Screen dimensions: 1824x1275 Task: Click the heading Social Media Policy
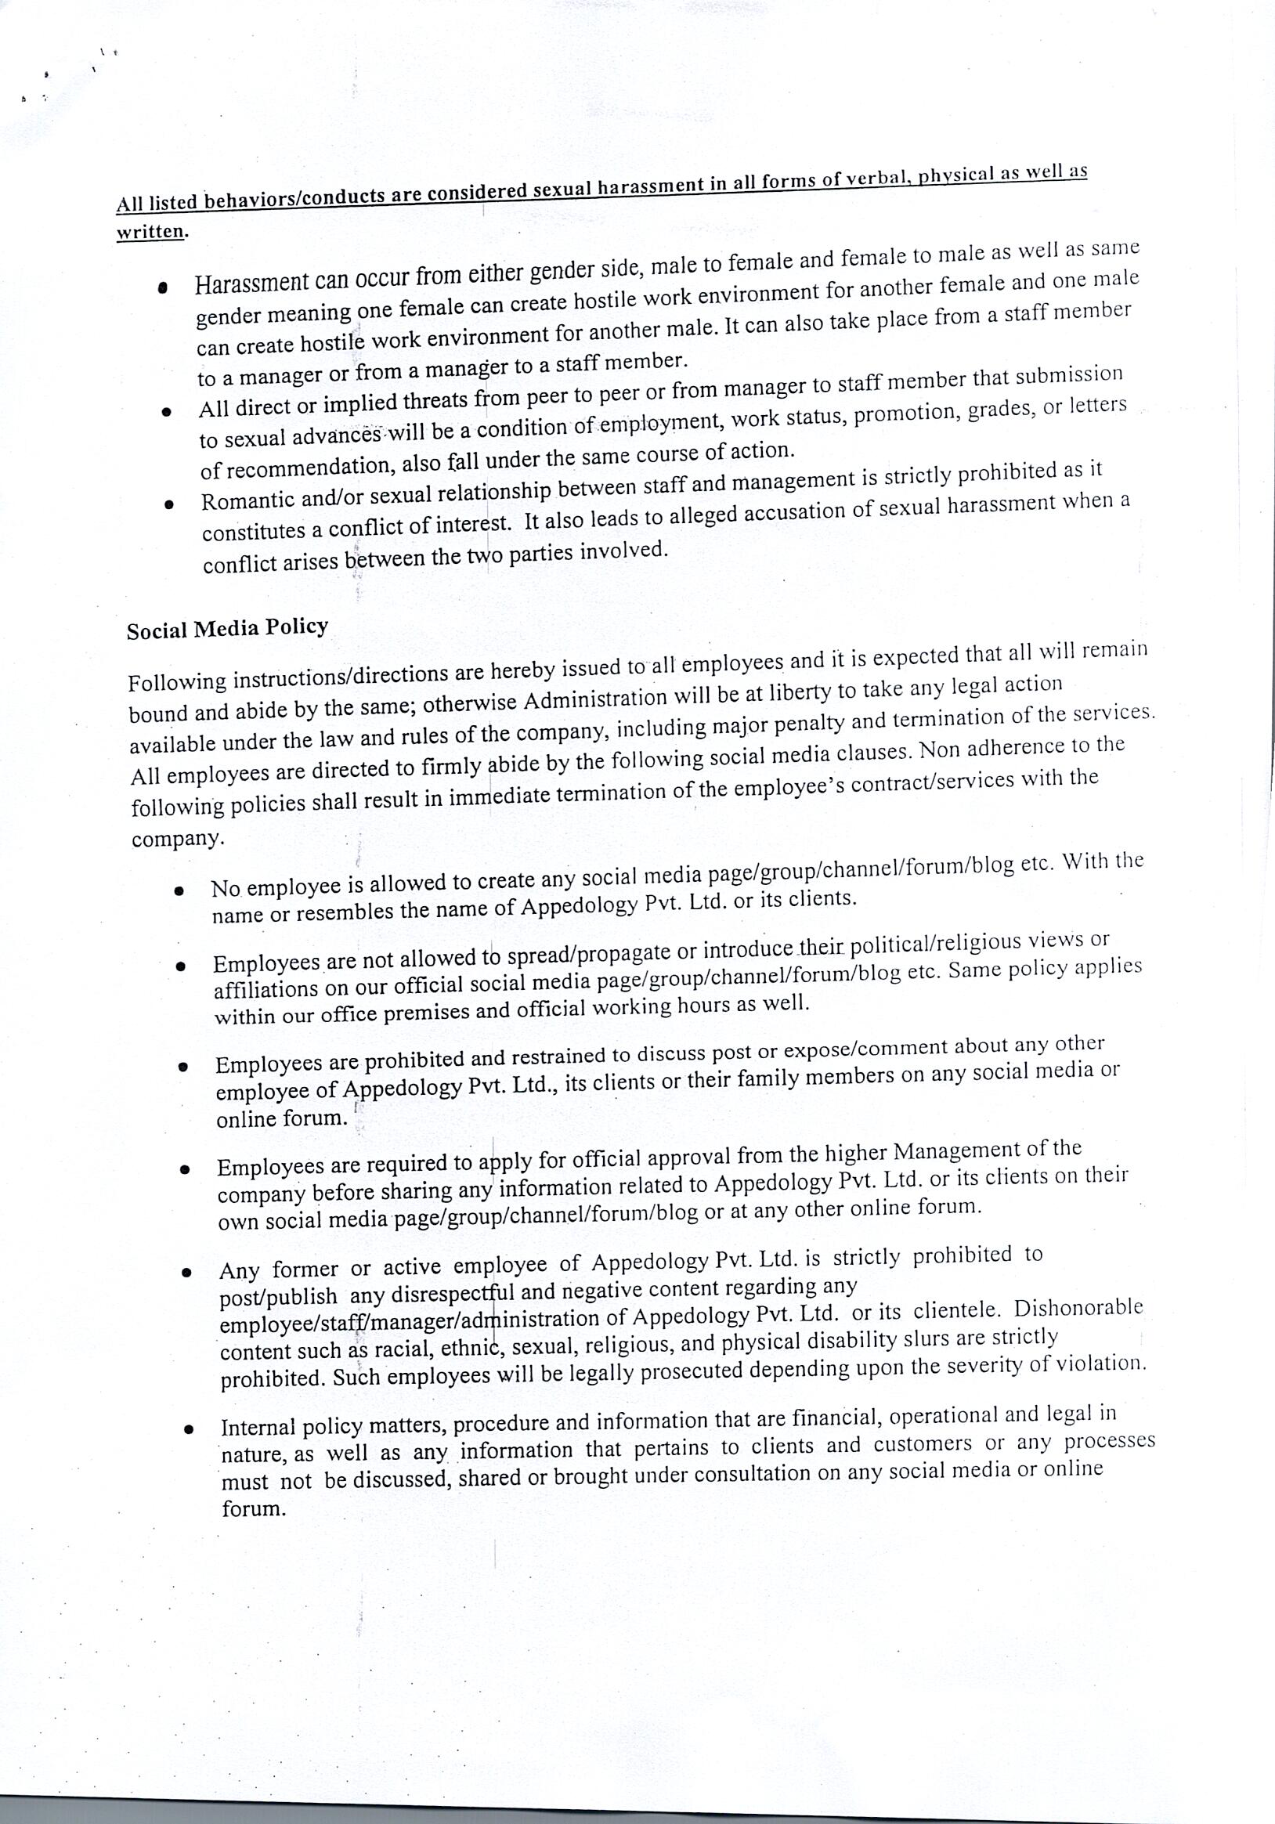click(227, 628)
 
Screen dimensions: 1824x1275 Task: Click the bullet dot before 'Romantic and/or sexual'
click(168, 504)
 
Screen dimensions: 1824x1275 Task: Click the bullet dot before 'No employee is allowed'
click(180, 890)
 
